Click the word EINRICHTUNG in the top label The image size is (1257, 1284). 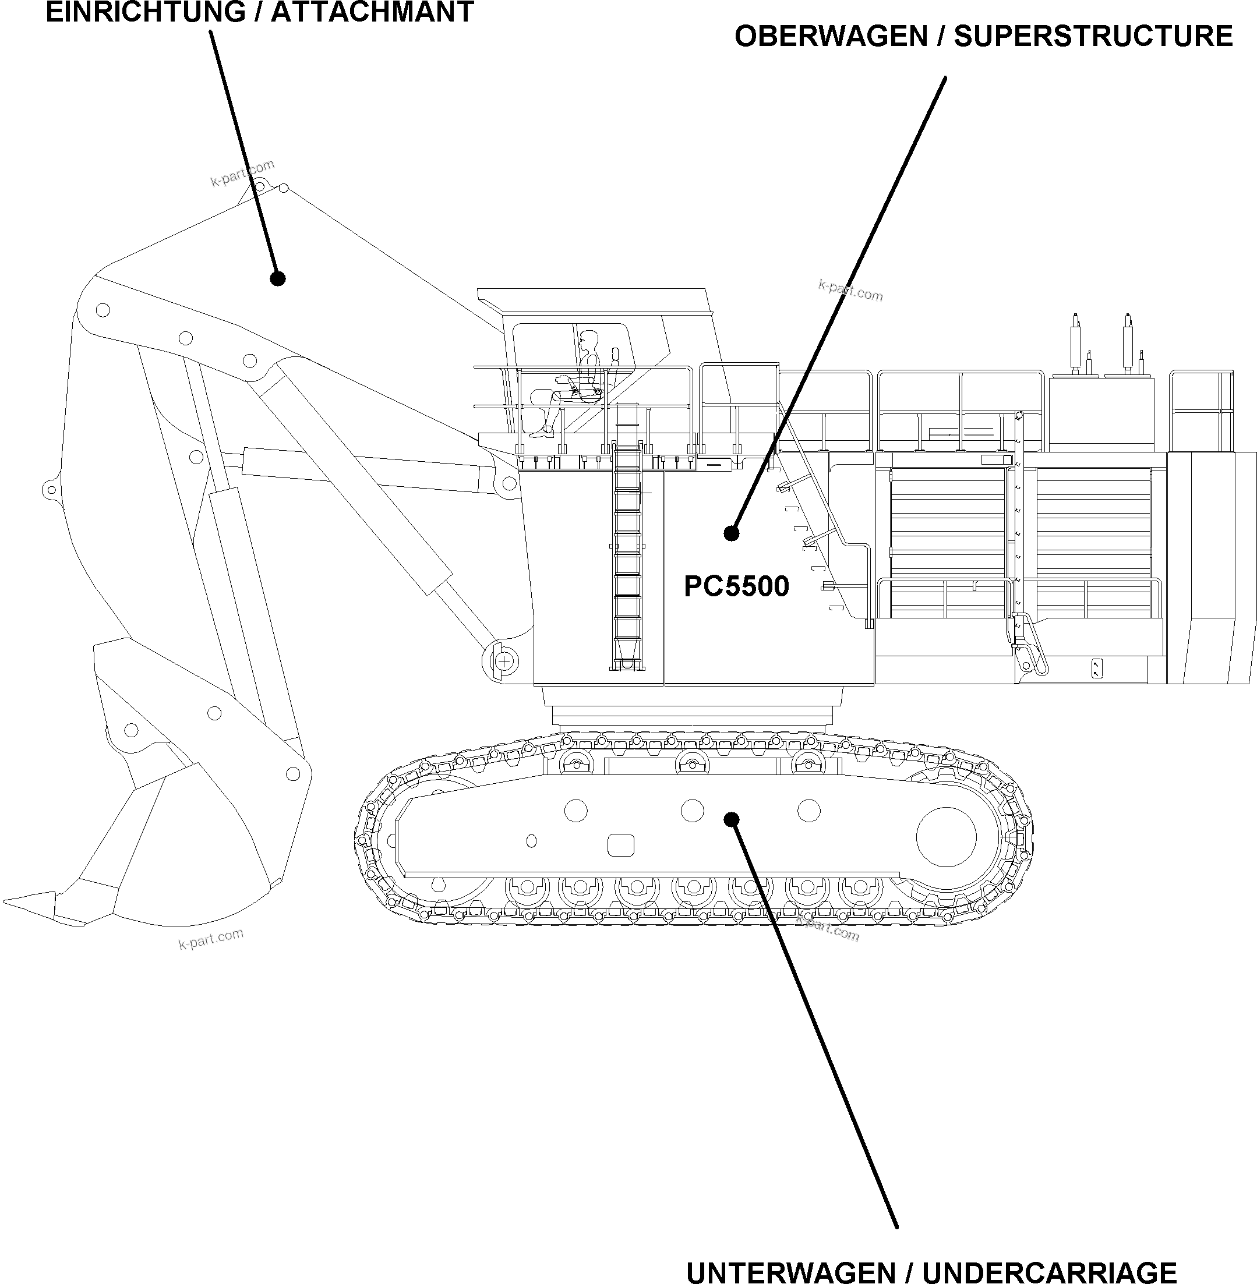(145, 12)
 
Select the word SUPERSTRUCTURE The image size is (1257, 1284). (1093, 36)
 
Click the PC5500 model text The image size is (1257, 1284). (736, 586)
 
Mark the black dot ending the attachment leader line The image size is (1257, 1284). (278, 278)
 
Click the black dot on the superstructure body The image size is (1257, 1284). (731, 533)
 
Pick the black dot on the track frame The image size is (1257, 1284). (731, 819)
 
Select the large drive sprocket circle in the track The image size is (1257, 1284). (946, 836)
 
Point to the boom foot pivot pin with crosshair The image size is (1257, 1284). (504, 660)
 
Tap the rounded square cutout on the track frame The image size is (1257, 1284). (620, 845)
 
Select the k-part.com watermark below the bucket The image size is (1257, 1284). (211, 938)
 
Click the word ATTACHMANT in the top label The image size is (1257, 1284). (372, 12)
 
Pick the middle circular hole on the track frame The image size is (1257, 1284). (692, 811)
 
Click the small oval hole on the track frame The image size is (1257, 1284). (531, 841)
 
